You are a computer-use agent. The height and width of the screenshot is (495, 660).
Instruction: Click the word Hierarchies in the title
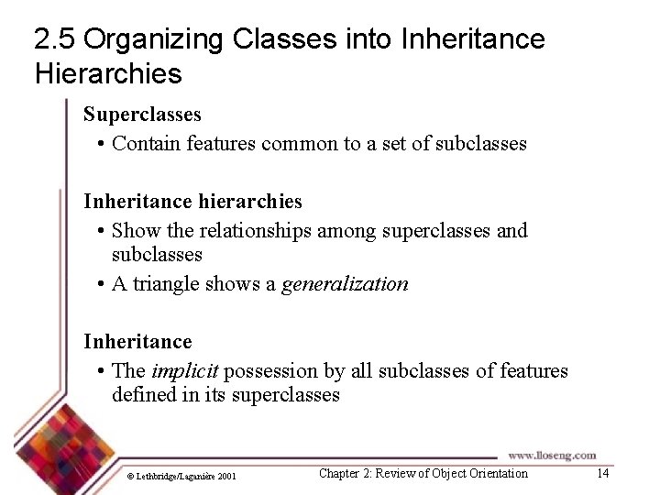108,72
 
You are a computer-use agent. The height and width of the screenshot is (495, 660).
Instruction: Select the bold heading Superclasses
142,115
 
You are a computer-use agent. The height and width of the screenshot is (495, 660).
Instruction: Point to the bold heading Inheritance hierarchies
192,201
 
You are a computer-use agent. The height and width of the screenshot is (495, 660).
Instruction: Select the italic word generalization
345,283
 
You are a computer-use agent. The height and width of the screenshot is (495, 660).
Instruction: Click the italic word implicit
184,370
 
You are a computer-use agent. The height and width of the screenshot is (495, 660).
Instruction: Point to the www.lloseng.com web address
552,455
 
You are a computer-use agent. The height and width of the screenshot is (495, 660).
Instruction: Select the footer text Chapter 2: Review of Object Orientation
423,473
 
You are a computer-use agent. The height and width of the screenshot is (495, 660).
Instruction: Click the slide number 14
602,473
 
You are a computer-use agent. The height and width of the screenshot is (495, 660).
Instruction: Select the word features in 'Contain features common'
222,143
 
